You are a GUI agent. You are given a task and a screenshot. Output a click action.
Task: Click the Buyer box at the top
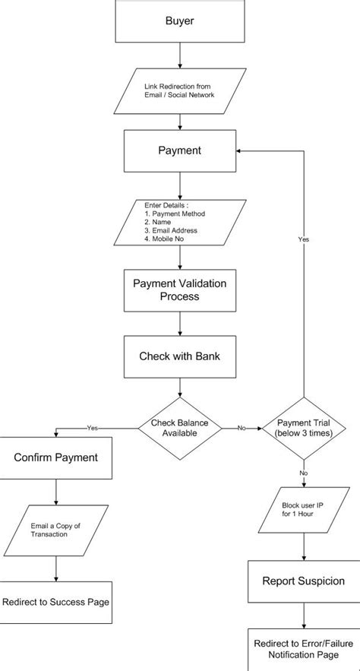click(x=180, y=21)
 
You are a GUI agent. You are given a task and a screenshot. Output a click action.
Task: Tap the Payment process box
click(x=180, y=150)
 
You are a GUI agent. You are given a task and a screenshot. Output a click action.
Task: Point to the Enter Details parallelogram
click(x=180, y=222)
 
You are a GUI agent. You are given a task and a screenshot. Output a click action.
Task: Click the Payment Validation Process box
click(x=180, y=290)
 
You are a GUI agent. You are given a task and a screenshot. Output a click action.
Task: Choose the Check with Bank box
click(x=180, y=356)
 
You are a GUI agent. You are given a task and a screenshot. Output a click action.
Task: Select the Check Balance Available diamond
click(x=180, y=428)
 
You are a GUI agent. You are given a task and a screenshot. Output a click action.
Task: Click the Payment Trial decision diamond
click(x=304, y=428)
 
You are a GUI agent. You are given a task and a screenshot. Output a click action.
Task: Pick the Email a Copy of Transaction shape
click(x=55, y=530)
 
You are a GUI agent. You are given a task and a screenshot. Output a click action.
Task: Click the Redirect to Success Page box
click(x=55, y=602)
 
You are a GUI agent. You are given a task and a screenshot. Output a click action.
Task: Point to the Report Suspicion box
click(x=304, y=581)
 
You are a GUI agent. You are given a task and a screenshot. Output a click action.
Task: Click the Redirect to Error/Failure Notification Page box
click(x=304, y=648)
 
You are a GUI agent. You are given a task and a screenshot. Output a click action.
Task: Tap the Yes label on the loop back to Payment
click(x=304, y=239)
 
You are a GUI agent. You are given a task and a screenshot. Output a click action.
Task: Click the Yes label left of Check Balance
click(x=93, y=428)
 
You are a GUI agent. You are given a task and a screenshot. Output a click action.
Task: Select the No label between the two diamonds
click(x=242, y=428)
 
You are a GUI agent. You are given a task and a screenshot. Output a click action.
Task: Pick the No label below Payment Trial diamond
click(x=304, y=473)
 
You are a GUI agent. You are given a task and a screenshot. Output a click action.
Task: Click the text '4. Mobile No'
click(x=165, y=239)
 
